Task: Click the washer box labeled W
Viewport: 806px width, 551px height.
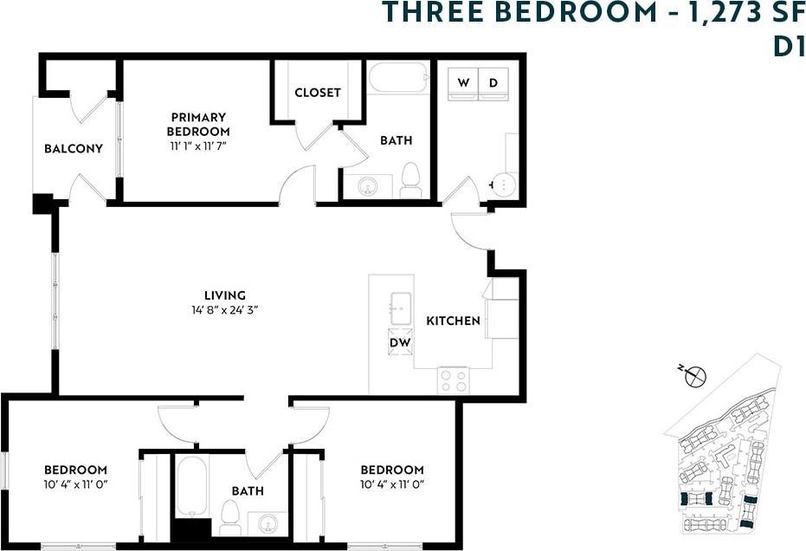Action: tap(463, 83)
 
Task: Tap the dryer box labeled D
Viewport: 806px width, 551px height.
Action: tap(493, 83)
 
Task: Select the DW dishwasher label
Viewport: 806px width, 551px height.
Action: tap(400, 341)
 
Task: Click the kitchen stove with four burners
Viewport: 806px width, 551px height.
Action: tap(453, 379)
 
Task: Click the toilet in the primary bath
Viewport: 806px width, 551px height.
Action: tap(410, 181)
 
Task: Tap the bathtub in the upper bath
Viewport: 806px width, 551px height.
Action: tap(398, 78)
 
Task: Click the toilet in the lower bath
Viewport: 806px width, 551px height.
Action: tap(229, 519)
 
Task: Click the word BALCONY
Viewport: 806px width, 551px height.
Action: tap(74, 148)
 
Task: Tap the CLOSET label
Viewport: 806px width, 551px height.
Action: tap(318, 93)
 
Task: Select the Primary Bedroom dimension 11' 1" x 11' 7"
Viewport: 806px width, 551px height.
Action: tap(199, 145)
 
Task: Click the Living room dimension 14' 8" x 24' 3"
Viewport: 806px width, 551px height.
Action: tap(224, 309)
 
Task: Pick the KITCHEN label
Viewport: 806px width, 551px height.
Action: tap(453, 321)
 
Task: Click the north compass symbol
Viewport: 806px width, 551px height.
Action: tap(694, 376)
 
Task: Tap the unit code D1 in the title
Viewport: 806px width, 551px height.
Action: tap(788, 47)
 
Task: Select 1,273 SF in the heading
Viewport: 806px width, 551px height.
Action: tap(736, 13)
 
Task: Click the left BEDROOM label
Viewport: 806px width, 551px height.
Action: tap(76, 470)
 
